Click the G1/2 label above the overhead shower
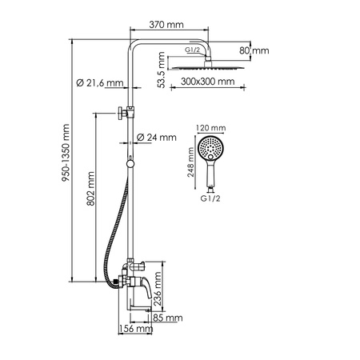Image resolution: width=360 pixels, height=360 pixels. [x=193, y=50]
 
